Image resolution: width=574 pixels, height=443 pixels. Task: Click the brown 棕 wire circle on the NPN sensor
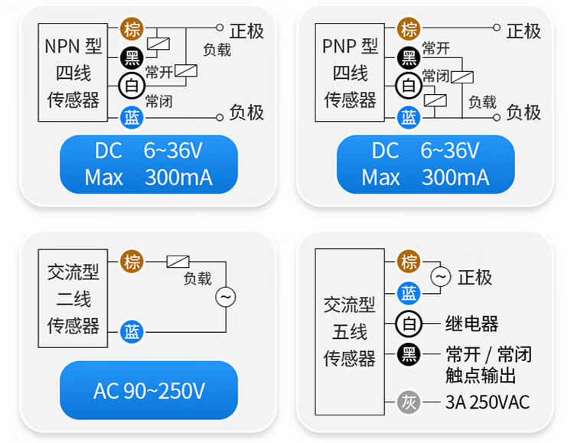point(132,30)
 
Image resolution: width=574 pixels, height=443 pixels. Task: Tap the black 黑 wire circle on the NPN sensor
point(132,57)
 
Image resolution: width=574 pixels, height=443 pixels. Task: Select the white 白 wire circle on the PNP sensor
point(409,85)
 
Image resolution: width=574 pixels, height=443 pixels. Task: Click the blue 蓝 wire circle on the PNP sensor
point(409,117)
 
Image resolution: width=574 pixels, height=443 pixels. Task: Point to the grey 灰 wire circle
point(409,402)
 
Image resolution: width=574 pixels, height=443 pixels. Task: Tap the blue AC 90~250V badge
point(149,391)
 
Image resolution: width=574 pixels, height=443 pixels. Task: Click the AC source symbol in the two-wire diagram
point(225,296)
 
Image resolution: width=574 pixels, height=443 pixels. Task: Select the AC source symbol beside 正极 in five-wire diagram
point(441,277)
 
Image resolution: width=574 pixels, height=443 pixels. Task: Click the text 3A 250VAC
point(488,402)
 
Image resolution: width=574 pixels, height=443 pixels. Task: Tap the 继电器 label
point(471,324)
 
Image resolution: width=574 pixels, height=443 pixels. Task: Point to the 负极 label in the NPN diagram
point(246,112)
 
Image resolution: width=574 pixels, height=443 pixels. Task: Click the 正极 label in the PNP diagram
point(523,31)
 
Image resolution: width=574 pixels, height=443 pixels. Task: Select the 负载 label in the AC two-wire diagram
point(197,279)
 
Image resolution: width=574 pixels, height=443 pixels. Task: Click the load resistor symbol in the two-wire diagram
point(178,261)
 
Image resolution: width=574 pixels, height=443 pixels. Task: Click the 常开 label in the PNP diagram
point(436,49)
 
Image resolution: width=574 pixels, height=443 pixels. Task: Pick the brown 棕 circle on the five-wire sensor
point(409,261)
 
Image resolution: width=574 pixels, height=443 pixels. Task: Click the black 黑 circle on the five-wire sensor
point(409,354)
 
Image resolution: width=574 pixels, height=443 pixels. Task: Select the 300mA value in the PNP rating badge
point(455,178)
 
